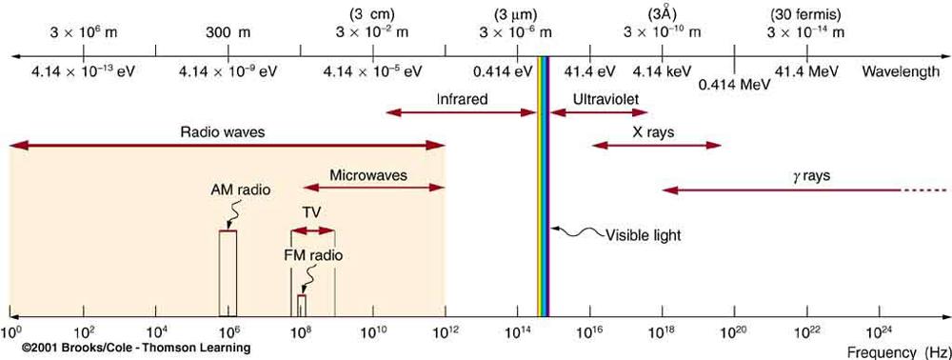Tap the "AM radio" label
241,190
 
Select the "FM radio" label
313,255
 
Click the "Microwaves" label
368,175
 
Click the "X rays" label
653,132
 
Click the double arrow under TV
313,230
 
